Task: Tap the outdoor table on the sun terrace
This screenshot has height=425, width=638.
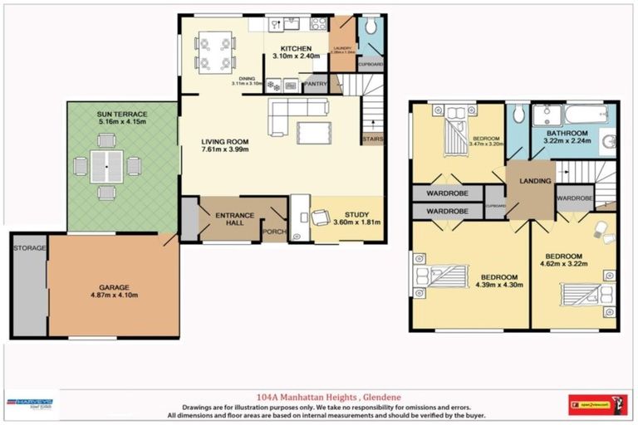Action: (x=106, y=168)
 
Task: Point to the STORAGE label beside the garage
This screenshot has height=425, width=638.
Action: (x=29, y=247)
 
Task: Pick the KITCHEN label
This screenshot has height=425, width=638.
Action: (x=295, y=48)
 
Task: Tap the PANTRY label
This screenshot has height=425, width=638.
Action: (x=315, y=84)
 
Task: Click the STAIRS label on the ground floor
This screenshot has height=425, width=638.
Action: (x=371, y=139)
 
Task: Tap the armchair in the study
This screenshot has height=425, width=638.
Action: (x=320, y=218)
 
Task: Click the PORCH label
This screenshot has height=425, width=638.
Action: (x=273, y=232)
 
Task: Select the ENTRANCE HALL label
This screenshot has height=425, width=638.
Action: (x=234, y=220)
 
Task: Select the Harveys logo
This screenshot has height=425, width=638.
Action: (x=32, y=405)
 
